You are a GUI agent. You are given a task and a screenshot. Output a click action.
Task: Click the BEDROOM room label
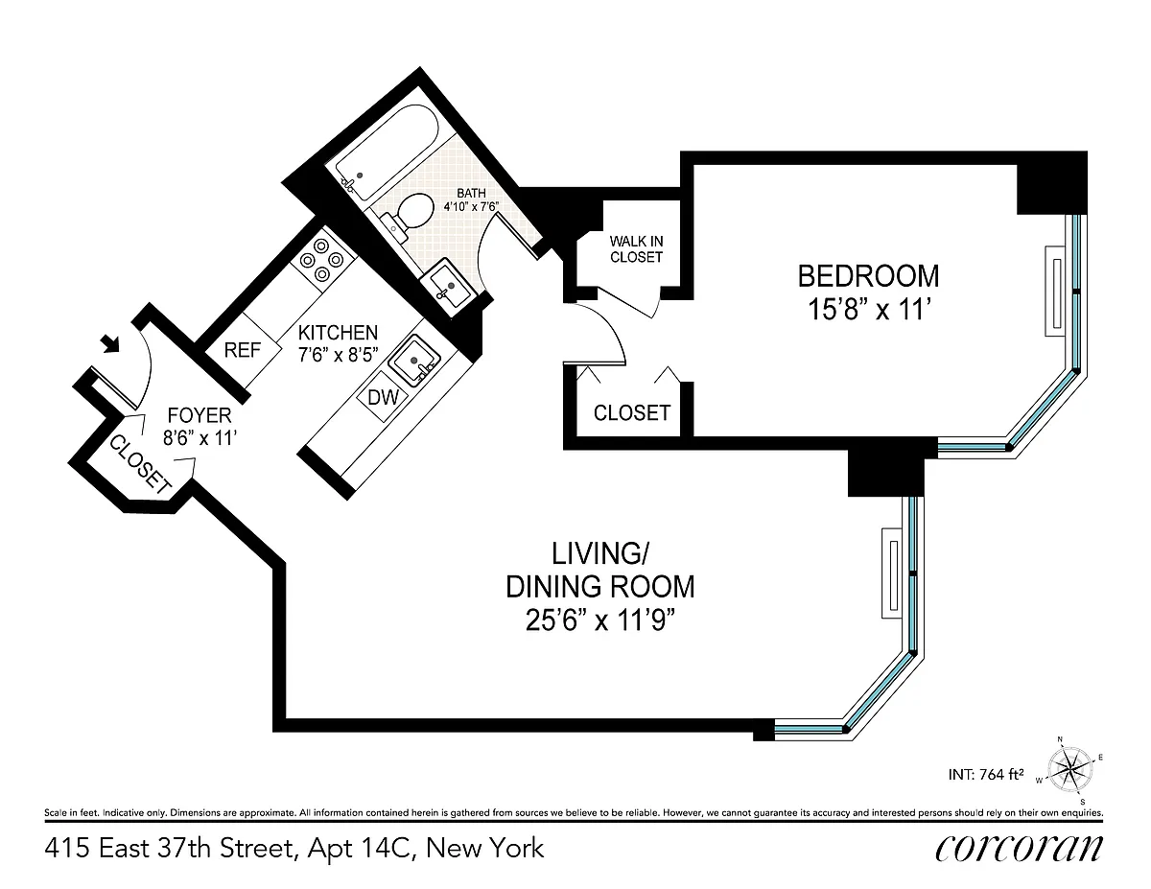point(868,276)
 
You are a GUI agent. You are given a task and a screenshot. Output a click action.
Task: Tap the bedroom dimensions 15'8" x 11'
point(869,309)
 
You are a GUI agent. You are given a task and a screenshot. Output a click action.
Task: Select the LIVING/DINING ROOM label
point(600,571)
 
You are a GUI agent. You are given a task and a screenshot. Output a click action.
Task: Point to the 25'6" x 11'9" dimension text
point(600,620)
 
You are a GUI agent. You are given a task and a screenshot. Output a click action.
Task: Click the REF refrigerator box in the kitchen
point(243,350)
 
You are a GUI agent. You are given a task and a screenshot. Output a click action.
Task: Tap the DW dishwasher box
point(383,396)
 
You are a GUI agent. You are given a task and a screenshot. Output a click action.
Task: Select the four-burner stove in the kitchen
point(323,261)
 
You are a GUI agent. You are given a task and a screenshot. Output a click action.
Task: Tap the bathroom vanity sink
point(448,288)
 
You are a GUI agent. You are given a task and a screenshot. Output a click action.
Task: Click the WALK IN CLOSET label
point(636,249)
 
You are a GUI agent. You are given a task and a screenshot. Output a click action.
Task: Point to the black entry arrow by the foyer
point(111,343)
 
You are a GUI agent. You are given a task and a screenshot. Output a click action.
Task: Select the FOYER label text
point(200,415)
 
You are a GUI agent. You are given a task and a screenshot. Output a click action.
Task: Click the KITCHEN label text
point(338,333)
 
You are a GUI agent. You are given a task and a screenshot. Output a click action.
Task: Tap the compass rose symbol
point(1069,769)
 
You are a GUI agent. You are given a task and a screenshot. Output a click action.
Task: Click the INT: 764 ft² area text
point(986,775)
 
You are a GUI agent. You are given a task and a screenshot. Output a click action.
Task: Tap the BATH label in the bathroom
point(471,194)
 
